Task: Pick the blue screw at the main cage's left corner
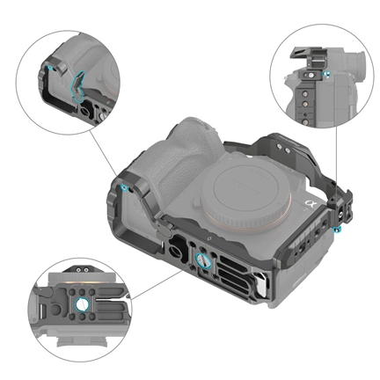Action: coord(124,187)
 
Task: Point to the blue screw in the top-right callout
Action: coord(327,78)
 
